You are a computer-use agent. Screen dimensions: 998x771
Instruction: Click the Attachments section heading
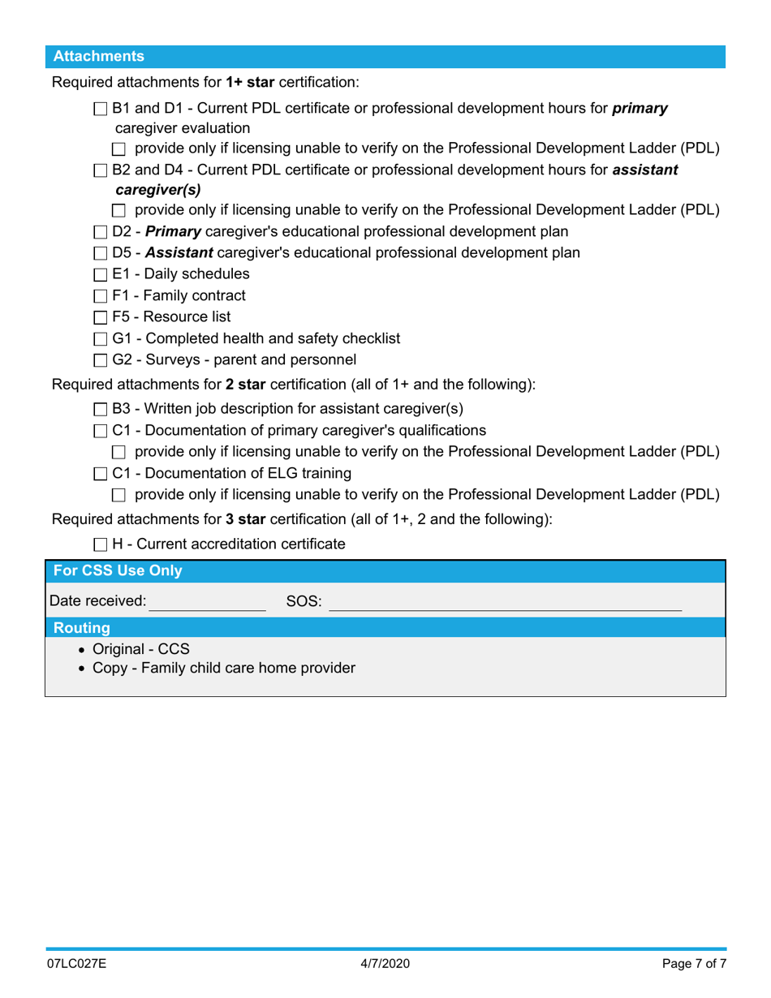click(x=99, y=57)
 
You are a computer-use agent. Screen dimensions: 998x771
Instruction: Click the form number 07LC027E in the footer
click(x=78, y=966)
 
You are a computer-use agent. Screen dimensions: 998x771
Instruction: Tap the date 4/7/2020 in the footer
click(x=385, y=966)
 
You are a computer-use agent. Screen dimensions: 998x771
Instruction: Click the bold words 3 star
click(x=246, y=521)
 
